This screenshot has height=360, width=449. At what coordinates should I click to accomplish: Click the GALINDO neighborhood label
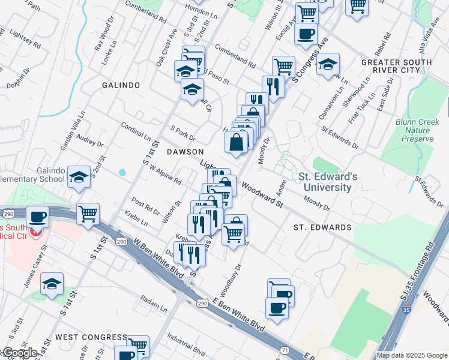[x=121, y=85]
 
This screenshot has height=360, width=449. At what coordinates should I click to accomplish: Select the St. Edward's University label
[x=328, y=182]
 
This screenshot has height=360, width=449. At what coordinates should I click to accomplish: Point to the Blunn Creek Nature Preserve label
[x=415, y=130]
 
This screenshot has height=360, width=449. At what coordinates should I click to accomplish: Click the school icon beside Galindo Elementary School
[x=79, y=176]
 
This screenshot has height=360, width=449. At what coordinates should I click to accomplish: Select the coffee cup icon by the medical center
[x=37, y=217]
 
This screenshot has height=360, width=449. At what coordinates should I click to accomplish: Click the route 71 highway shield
[x=284, y=349]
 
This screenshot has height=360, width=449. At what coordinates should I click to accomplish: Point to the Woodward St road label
[x=262, y=195]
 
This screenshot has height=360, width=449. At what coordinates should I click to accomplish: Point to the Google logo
[x=20, y=353]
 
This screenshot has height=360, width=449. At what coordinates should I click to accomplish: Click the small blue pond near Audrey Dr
[x=122, y=172]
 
